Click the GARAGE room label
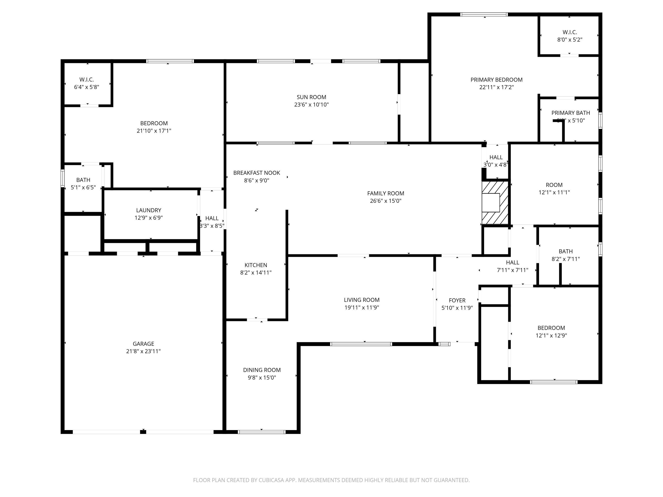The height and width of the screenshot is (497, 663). tap(143, 344)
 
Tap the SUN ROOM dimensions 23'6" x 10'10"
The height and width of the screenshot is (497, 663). tap(311, 104)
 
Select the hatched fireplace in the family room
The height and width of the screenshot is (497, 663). tap(495, 203)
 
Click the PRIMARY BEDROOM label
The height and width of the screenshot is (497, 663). tap(496, 80)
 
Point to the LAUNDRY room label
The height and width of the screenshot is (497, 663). tap(149, 210)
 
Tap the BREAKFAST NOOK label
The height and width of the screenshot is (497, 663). tap(257, 173)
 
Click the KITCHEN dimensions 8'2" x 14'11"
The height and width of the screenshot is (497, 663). tap(256, 273)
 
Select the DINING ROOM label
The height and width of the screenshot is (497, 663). tap(262, 370)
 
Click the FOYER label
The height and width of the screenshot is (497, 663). tap(457, 300)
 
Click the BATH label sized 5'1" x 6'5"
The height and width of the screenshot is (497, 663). tap(83, 180)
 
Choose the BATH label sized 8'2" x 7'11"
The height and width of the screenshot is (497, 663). tap(566, 251)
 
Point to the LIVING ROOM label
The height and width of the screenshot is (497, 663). tap(362, 300)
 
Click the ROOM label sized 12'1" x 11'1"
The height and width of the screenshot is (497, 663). tap(554, 185)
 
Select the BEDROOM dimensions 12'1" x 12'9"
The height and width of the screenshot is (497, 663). tap(551, 336)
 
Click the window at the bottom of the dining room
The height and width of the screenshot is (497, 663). tap(262, 432)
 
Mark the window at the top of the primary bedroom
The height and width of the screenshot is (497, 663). tap(484, 14)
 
